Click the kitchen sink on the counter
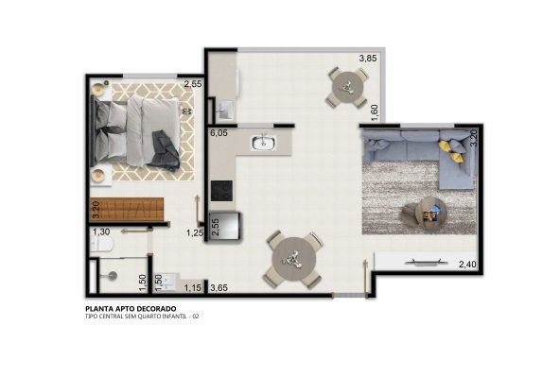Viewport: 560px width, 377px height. click(x=263, y=143)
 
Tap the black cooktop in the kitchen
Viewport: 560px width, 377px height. click(x=221, y=191)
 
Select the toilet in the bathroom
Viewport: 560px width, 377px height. click(x=102, y=244)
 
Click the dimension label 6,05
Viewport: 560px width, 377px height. click(x=219, y=133)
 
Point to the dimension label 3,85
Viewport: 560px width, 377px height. click(x=368, y=59)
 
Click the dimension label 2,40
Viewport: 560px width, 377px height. click(x=467, y=265)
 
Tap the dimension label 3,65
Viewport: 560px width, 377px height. click(x=219, y=288)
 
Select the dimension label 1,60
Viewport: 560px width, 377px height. click(x=375, y=112)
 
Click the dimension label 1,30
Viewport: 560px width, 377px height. click(x=101, y=232)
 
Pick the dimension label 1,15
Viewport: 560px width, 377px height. click(x=193, y=287)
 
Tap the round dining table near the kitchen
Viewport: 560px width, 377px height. click(x=294, y=259)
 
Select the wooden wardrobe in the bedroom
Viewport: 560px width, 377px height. click(x=127, y=210)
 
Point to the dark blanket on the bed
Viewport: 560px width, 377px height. click(x=164, y=149)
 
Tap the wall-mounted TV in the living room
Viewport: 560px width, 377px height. click(x=427, y=263)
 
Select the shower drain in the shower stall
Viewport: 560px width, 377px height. click(x=113, y=275)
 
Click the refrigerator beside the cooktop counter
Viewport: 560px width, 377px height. click(x=226, y=226)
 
